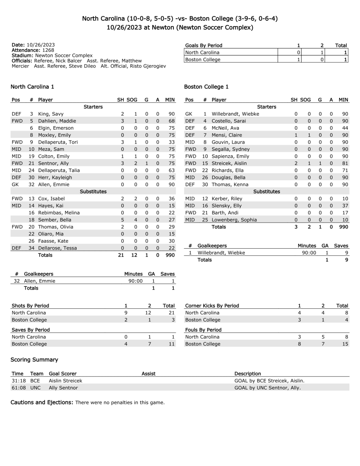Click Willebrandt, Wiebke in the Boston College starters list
[235, 114]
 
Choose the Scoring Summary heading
[34, 359]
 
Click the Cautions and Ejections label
[42, 402]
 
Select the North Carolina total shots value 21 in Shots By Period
[172, 313]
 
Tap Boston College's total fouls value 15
[345, 344]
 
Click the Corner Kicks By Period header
[212, 306]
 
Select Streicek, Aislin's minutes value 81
[345, 163]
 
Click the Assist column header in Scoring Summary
[148, 373]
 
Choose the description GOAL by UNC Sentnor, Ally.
[267, 388]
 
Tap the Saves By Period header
[31, 330]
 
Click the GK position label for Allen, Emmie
[15, 184]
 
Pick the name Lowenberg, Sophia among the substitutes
[234, 220]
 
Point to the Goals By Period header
[204, 45]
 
